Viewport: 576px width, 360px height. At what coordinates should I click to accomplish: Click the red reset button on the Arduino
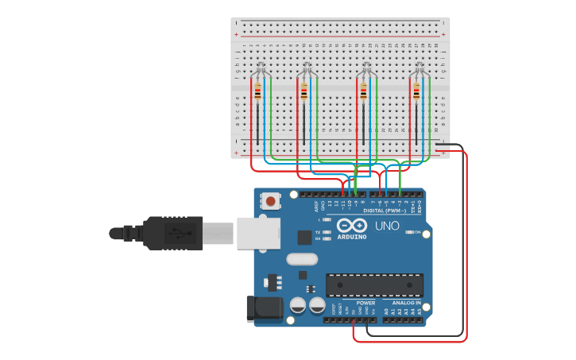point(271,201)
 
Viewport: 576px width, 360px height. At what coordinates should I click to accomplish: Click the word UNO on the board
point(387,226)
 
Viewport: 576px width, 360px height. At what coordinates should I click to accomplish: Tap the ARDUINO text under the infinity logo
point(351,237)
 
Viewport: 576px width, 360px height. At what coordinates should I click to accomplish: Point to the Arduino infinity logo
point(351,225)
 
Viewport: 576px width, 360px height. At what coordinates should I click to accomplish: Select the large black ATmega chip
point(374,285)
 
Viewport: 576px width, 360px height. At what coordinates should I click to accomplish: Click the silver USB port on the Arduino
point(257,232)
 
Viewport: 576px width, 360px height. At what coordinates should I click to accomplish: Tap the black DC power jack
point(265,308)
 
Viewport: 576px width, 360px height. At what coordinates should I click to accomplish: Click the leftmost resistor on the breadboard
point(257,92)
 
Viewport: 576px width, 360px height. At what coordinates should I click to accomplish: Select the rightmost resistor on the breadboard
point(416,92)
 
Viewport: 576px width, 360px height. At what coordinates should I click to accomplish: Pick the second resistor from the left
point(303,92)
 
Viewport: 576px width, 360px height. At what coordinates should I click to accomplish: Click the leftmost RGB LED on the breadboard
point(260,68)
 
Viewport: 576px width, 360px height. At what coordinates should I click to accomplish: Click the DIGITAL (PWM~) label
point(385,211)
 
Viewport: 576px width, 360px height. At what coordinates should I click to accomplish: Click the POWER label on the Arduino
point(365,303)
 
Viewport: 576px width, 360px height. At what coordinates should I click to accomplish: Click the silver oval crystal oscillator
point(302,258)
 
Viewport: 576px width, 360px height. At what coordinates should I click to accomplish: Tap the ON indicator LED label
point(417,232)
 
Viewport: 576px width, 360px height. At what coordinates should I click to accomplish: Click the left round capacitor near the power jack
point(298,305)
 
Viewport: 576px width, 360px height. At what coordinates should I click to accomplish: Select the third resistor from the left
point(363,92)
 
